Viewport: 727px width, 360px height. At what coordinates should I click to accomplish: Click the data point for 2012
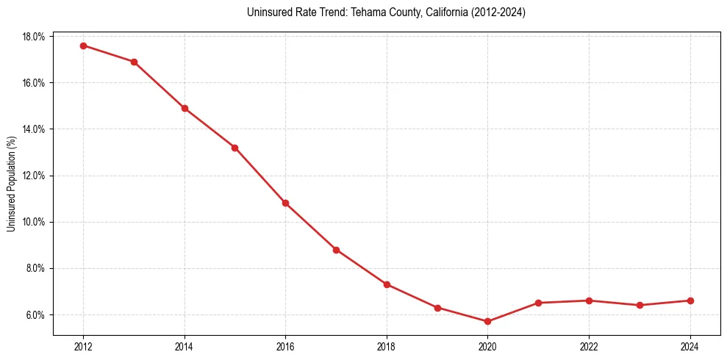click(x=83, y=46)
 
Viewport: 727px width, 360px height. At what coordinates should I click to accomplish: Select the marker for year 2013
click(x=134, y=62)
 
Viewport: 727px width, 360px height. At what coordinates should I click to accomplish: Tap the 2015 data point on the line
click(x=234, y=148)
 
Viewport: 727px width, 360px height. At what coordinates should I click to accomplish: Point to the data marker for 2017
click(x=336, y=250)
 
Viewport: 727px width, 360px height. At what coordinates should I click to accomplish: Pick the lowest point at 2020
click(x=487, y=322)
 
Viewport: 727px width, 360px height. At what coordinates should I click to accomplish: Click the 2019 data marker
click(x=437, y=308)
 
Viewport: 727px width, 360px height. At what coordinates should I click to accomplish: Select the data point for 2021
click(x=538, y=303)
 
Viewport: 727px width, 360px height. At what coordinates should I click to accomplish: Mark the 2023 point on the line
click(x=640, y=305)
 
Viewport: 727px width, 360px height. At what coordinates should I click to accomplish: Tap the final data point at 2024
click(x=690, y=300)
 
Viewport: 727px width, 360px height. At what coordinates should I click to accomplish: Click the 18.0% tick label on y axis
click(x=35, y=37)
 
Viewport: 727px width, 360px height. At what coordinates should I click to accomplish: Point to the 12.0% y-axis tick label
click(x=35, y=176)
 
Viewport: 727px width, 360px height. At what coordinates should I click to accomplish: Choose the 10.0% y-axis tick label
click(x=35, y=222)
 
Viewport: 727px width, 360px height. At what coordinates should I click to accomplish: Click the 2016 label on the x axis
click(x=285, y=347)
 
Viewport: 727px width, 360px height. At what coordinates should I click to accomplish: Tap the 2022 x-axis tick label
click(x=589, y=347)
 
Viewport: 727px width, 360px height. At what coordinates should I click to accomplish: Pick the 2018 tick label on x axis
click(x=387, y=347)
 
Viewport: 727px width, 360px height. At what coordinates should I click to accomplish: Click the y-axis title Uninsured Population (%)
click(x=12, y=184)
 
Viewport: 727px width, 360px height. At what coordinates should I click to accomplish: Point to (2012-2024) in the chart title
click(x=498, y=12)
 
